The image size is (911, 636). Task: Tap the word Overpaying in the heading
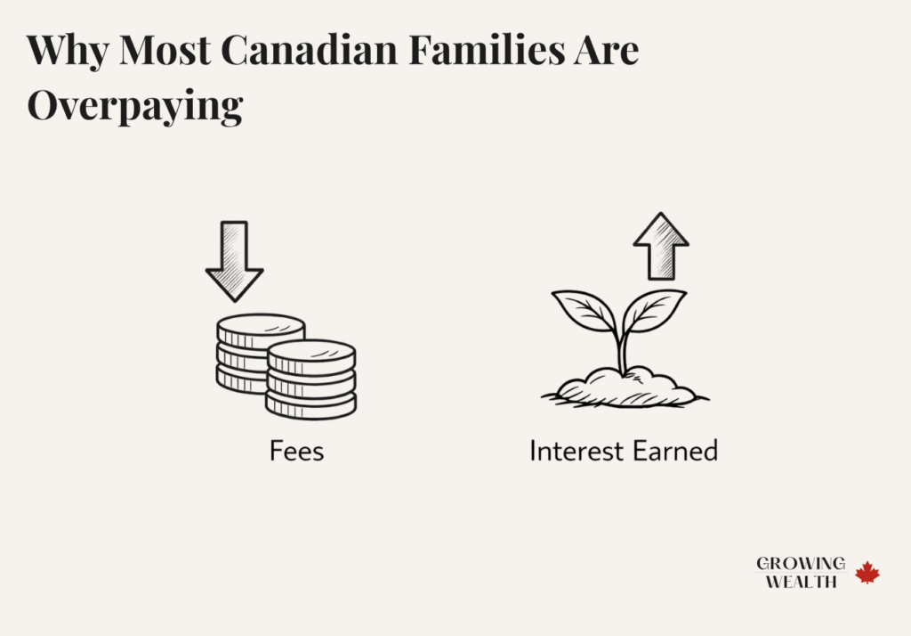click(134, 105)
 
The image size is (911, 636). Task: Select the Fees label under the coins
click(296, 451)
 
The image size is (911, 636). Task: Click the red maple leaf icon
click(867, 573)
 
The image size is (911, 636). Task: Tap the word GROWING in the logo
click(801, 564)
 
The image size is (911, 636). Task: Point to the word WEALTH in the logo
click(801, 582)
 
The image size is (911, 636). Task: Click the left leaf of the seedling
click(585, 309)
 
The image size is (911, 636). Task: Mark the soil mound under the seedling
click(623, 388)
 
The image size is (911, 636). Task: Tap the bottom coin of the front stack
click(311, 406)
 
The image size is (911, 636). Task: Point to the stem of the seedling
click(623, 352)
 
